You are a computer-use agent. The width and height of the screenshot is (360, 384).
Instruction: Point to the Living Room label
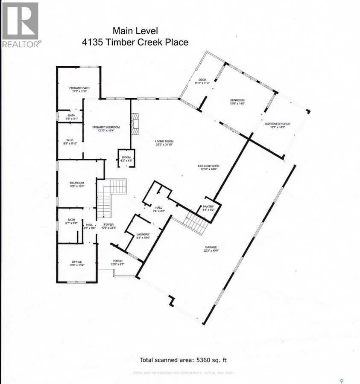coord(164,143)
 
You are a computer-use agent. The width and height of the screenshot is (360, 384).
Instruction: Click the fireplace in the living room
coord(135,124)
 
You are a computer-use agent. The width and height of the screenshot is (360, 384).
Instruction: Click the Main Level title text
coord(135,31)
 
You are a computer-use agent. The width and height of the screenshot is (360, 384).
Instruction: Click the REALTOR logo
coord(21,25)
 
